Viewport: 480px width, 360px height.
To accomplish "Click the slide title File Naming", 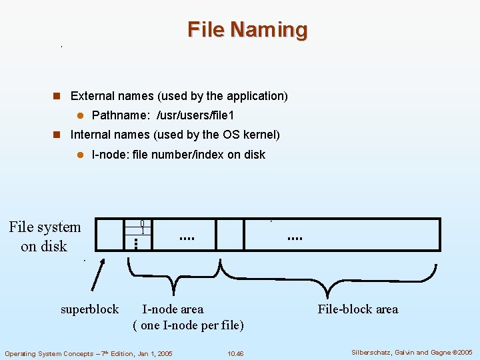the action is [247, 30].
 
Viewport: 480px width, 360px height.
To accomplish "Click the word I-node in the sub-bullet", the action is [107, 155].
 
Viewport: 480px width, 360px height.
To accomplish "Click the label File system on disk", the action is [45, 237].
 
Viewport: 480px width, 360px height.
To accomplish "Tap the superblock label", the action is [89, 309].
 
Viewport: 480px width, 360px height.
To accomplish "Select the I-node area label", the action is [173, 309].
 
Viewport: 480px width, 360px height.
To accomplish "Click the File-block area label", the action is [358, 309].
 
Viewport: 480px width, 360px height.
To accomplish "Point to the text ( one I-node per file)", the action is [189, 325].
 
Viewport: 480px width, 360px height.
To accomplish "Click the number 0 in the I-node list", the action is [142, 223].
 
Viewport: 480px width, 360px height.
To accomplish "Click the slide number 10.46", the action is [235, 353].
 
